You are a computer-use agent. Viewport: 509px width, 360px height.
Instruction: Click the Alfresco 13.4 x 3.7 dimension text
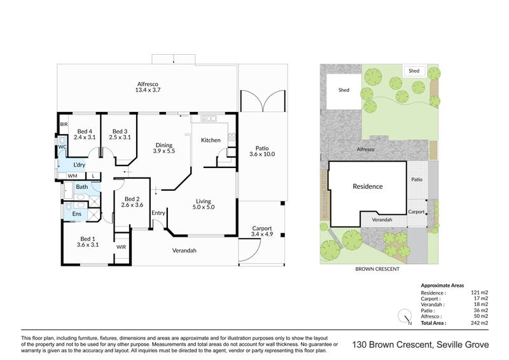148,90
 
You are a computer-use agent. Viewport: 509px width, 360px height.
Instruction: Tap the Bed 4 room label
85,132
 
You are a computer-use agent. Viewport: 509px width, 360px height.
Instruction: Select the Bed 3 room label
120,132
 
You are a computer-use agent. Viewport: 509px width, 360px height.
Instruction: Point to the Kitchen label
211,140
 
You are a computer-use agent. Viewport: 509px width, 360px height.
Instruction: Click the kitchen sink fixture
209,118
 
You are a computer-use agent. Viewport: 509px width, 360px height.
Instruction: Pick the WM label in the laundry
73,176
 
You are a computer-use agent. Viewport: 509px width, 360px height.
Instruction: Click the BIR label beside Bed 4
64,124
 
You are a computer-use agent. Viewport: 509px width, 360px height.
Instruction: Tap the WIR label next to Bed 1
121,247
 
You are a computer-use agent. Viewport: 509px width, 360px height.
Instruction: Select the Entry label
158,213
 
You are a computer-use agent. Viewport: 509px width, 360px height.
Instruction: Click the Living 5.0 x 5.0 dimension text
204,207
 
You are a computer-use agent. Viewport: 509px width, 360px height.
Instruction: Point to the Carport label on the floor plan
262,228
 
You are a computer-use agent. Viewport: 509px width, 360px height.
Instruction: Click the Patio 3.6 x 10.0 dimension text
262,154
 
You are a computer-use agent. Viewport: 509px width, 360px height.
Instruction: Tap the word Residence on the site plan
368,186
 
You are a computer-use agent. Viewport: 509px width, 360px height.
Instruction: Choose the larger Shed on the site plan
344,90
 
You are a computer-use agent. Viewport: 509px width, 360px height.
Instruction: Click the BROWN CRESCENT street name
377,269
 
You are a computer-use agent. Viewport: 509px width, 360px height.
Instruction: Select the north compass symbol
405,316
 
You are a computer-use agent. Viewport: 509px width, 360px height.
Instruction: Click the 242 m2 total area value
480,323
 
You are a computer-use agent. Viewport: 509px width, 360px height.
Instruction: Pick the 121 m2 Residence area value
480,293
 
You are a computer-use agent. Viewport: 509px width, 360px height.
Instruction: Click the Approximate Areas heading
442,286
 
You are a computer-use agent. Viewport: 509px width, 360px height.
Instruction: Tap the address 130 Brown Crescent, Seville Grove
421,345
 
